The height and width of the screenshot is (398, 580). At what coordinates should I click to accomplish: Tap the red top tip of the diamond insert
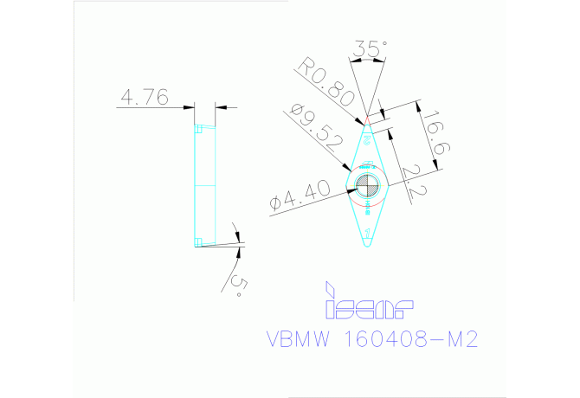click(367, 119)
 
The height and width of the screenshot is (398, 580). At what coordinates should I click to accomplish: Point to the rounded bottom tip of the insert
click(368, 245)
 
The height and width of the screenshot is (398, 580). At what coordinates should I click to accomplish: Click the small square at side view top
click(198, 129)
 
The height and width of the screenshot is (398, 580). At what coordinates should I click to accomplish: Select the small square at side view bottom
click(198, 241)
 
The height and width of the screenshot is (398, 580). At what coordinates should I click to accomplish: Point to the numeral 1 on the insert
click(368, 233)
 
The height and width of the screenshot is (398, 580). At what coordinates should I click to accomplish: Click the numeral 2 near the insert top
click(367, 138)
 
